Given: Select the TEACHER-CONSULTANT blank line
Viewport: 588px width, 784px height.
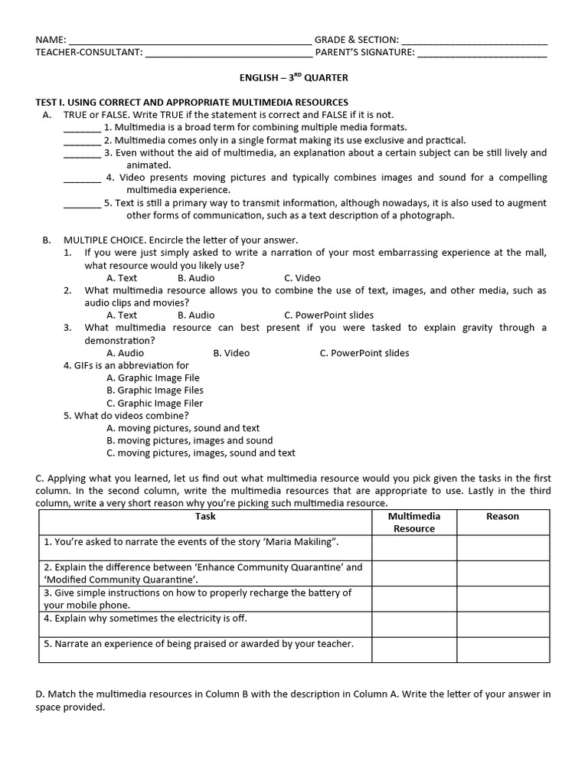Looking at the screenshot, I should (x=228, y=54).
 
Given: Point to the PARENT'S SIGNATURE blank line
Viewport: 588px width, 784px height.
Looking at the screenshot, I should (x=482, y=54).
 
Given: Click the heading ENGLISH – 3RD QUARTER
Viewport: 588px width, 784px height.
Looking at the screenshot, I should (x=293, y=77).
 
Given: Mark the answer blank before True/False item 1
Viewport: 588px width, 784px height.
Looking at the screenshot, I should (x=82, y=129).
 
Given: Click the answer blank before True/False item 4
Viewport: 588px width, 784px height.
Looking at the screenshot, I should (x=82, y=179).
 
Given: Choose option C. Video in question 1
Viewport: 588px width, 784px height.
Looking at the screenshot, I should (x=302, y=278).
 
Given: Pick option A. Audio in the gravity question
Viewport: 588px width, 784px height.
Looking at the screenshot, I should (x=125, y=353).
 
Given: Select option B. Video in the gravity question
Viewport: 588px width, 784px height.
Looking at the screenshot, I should (x=231, y=353).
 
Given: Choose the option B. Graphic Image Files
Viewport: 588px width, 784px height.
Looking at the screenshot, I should (x=155, y=390).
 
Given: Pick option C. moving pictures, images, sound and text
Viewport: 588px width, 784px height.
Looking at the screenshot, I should (x=201, y=452).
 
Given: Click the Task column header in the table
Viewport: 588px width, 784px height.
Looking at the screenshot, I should (x=205, y=517).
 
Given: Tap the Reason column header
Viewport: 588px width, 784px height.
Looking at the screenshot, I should (x=502, y=517).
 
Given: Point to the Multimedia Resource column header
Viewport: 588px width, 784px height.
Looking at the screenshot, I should (x=413, y=522).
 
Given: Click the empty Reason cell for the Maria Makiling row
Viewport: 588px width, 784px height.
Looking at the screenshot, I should (x=503, y=547).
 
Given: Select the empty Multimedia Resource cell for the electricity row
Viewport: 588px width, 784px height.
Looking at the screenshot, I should (x=414, y=624).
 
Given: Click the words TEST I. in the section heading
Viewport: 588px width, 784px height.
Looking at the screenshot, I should (x=51, y=103).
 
